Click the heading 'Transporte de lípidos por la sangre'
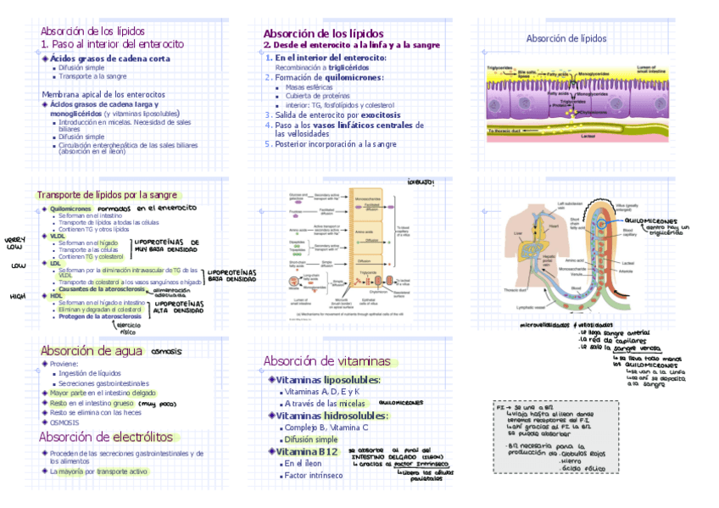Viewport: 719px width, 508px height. point(106,194)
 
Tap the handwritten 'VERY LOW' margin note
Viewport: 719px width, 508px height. point(15,243)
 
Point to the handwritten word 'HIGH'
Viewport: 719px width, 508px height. point(18,297)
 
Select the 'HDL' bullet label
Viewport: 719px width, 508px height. point(57,296)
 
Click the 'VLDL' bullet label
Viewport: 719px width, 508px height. point(58,237)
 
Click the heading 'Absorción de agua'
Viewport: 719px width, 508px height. point(92,351)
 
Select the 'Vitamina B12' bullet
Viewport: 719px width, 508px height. point(308,451)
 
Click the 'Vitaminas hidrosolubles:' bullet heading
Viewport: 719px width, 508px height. point(332,416)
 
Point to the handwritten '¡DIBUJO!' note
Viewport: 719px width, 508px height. point(421,181)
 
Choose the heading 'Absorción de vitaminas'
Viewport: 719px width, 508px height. point(326,360)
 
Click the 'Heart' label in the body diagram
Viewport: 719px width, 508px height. point(553,226)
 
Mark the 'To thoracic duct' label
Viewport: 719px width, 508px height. point(507,131)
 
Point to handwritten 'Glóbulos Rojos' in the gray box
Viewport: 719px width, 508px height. point(582,452)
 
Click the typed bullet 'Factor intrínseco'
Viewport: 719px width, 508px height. point(314,476)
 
